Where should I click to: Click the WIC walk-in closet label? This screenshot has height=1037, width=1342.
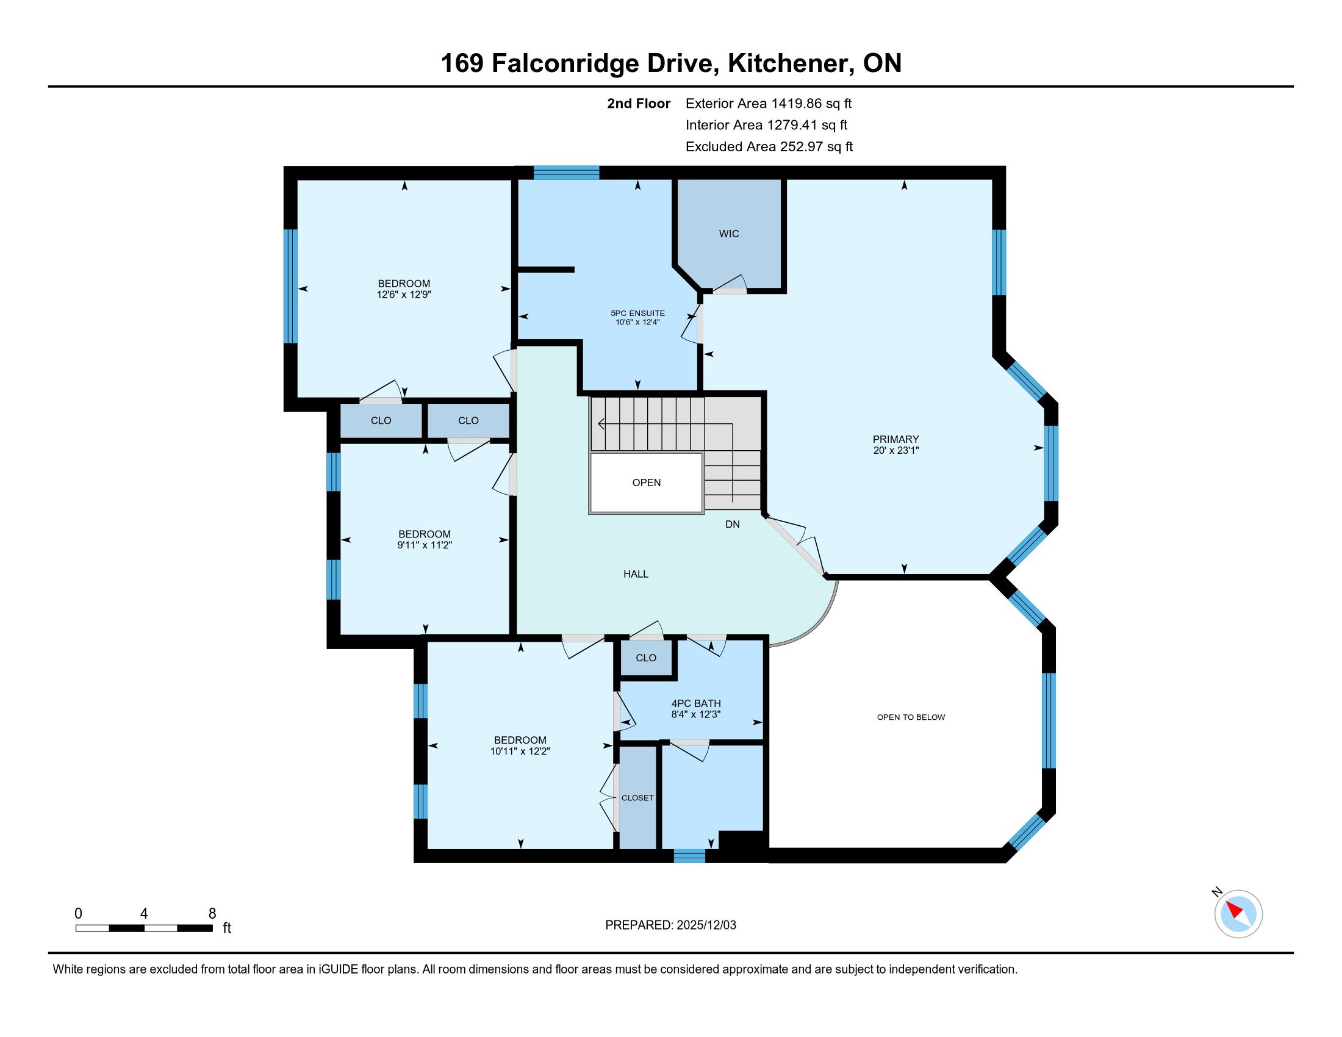tap(729, 234)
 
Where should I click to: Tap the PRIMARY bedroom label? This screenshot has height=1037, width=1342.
tap(895, 439)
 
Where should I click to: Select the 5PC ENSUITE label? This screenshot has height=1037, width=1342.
tap(638, 314)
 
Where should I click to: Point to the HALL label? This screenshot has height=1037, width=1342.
tap(636, 574)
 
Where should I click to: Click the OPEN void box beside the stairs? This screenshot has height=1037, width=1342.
tap(647, 483)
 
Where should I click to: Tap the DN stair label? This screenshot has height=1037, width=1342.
tap(733, 524)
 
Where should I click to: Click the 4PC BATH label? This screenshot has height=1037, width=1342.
tap(696, 703)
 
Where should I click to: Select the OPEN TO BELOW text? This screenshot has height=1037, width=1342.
tap(911, 717)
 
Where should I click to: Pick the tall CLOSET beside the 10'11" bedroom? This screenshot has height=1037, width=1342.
tap(638, 797)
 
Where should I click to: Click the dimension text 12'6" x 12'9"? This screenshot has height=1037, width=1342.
tap(404, 294)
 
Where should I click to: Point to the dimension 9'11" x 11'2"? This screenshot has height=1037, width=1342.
tap(425, 545)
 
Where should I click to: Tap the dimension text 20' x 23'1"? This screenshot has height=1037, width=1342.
tap(896, 450)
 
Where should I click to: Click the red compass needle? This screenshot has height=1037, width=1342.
tap(1235, 910)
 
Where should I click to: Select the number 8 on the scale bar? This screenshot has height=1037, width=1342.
tap(213, 914)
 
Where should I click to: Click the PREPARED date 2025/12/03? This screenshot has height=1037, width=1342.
tap(706, 925)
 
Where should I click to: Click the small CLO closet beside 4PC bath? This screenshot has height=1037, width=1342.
tap(646, 658)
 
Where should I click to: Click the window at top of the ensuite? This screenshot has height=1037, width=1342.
tap(566, 173)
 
